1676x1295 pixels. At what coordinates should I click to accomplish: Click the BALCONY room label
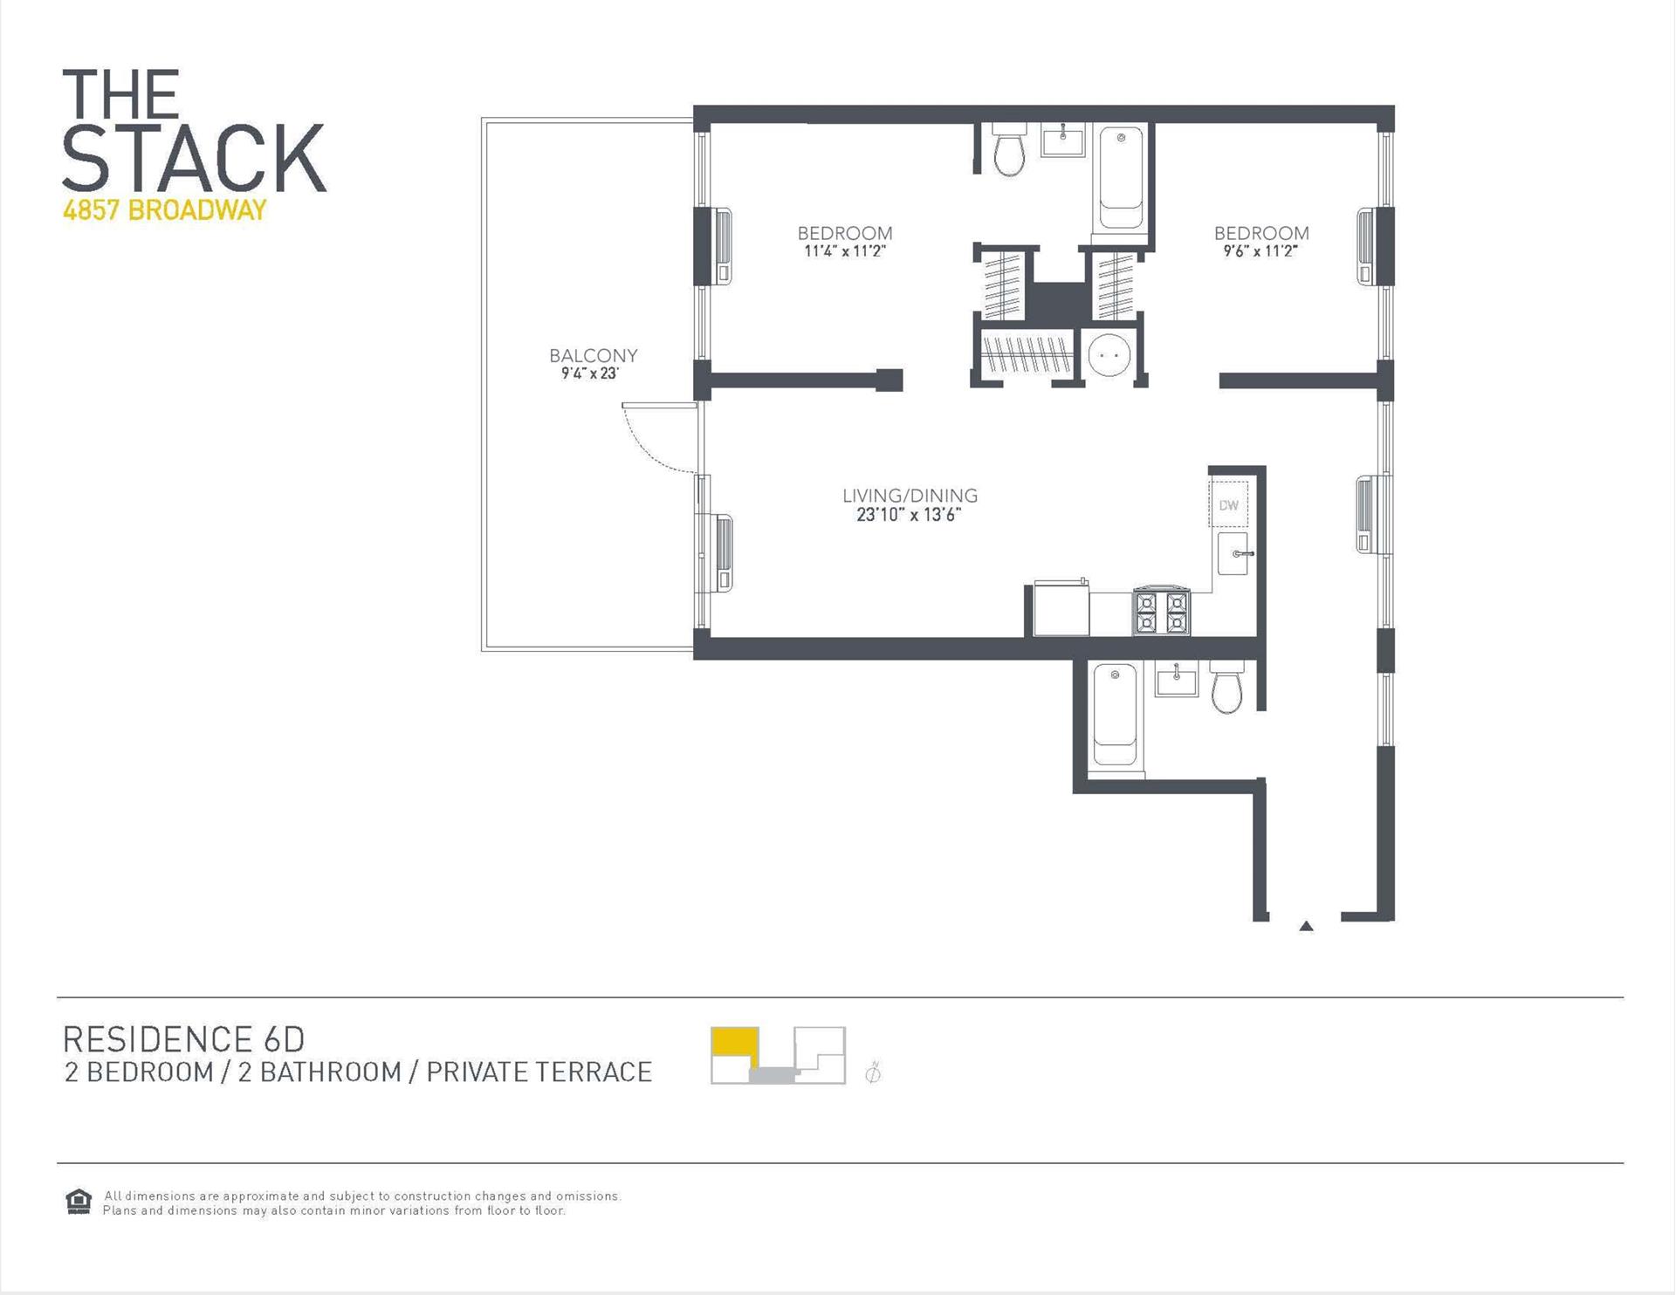pyautogui.click(x=593, y=355)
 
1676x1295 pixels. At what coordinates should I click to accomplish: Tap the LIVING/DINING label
pyautogui.click(x=910, y=496)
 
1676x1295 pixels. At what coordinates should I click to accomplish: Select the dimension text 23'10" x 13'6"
pyautogui.click(x=909, y=515)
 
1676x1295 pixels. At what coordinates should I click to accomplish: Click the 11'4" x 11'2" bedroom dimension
pyautogui.click(x=844, y=251)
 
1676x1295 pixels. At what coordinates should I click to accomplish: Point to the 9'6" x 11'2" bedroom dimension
pyautogui.click(x=1260, y=251)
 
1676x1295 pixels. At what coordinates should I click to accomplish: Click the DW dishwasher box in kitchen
pyautogui.click(x=1228, y=505)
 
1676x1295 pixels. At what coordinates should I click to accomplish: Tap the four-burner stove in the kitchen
pyautogui.click(x=1161, y=612)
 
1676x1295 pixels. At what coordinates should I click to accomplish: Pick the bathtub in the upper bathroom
pyautogui.click(x=1121, y=179)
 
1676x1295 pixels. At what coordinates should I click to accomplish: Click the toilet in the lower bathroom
pyautogui.click(x=1226, y=689)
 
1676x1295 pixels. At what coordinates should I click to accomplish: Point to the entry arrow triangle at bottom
pyautogui.click(x=1306, y=926)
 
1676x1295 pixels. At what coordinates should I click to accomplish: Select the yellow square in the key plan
pyautogui.click(x=733, y=1042)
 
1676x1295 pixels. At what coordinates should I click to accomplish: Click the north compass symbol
pyautogui.click(x=872, y=1072)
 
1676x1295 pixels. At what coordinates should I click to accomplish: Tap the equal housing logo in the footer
pyautogui.click(x=79, y=1202)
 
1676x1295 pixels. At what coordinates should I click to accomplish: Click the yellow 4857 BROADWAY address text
pyautogui.click(x=164, y=210)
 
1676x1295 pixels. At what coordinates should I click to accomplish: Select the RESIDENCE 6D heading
pyautogui.click(x=184, y=1038)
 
